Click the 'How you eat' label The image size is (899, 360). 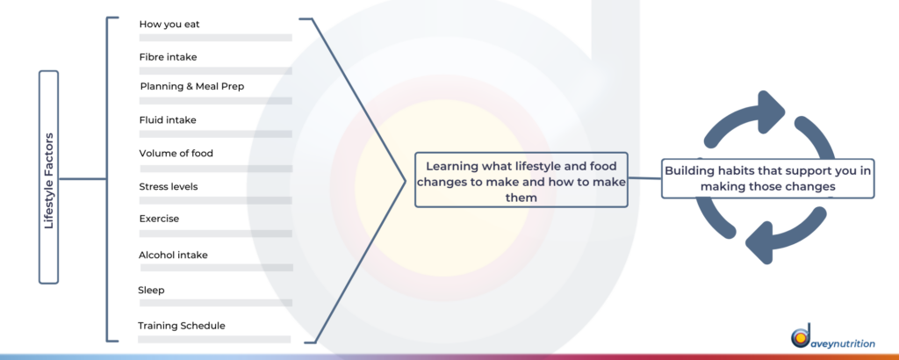click(169, 24)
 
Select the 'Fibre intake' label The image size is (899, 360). click(168, 57)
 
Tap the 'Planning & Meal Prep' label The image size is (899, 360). click(192, 87)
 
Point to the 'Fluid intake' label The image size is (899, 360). click(168, 119)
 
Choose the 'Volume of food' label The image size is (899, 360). click(176, 154)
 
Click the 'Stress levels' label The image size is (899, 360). click(169, 186)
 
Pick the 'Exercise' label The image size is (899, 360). click(159, 219)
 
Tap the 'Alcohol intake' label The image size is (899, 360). click(173, 256)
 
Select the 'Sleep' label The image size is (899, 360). click(151, 290)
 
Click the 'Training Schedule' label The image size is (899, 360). click(182, 326)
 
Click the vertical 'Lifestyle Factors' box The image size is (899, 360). click(49, 177)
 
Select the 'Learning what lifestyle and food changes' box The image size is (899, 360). click(521, 179)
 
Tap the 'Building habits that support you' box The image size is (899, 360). click(767, 179)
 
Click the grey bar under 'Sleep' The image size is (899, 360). click(215, 303)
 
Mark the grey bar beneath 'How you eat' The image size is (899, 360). click(216, 37)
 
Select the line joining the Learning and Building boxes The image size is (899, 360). click(644, 178)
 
